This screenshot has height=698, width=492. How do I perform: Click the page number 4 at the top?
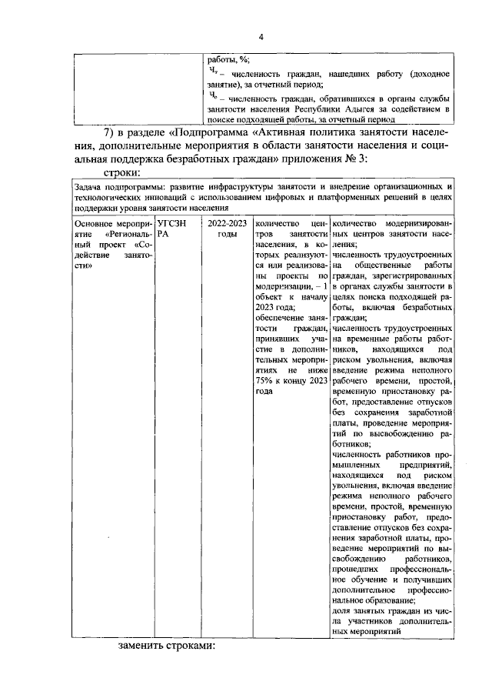[260, 38]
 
